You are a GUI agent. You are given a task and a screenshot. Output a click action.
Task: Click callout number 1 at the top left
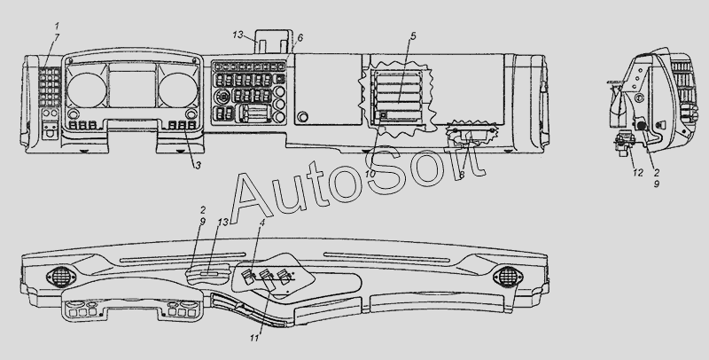[x=57, y=27]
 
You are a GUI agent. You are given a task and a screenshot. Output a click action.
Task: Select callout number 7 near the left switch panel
[x=57, y=38]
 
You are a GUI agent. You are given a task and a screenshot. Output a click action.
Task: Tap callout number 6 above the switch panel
[x=300, y=38]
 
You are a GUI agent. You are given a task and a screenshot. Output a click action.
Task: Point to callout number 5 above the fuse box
[x=413, y=36]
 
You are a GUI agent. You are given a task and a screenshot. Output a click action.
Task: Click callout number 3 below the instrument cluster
[x=198, y=166]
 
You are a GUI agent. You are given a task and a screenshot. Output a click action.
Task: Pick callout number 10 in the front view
[x=370, y=174]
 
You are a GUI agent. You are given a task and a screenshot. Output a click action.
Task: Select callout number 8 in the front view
[x=461, y=175]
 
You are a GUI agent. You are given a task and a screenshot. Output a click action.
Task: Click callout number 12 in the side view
[x=637, y=173]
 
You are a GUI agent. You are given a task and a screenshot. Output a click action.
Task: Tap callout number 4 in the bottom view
[x=261, y=222]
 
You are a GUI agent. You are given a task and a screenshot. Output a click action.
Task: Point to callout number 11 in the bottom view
[x=254, y=338]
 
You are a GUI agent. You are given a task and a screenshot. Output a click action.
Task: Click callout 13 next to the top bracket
[x=238, y=35]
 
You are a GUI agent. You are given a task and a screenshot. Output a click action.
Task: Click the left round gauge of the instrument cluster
[x=87, y=90]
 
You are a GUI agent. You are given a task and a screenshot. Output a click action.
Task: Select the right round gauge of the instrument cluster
[x=178, y=90]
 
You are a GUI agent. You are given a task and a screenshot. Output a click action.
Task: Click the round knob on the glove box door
[x=302, y=117]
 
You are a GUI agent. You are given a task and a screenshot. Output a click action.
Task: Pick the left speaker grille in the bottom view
[x=59, y=277]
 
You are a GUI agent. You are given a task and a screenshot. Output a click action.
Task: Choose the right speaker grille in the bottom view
[x=508, y=277]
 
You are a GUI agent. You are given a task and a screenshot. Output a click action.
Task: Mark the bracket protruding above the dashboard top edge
[x=274, y=42]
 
